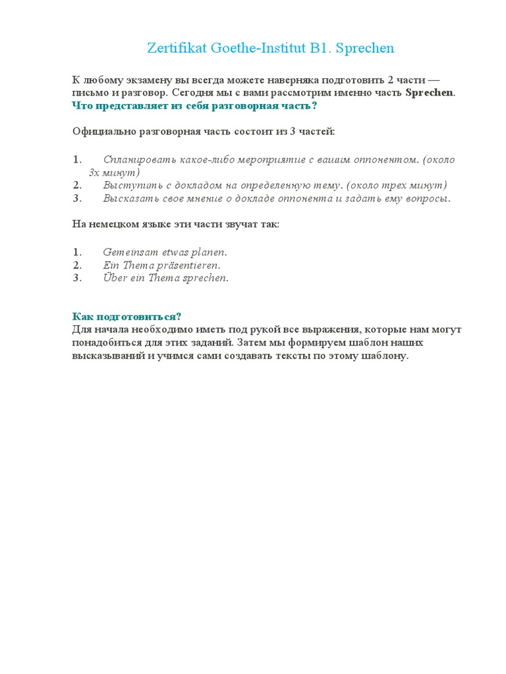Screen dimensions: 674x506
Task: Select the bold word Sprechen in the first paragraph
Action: tap(429, 92)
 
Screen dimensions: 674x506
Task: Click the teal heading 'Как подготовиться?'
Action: tap(126, 317)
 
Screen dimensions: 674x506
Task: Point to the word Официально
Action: tap(104, 132)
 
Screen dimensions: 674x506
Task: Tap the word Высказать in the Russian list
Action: tap(128, 198)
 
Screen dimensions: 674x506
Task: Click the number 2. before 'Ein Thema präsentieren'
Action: tap(77, 265)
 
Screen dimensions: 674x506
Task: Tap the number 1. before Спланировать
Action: tap(77, 159)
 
